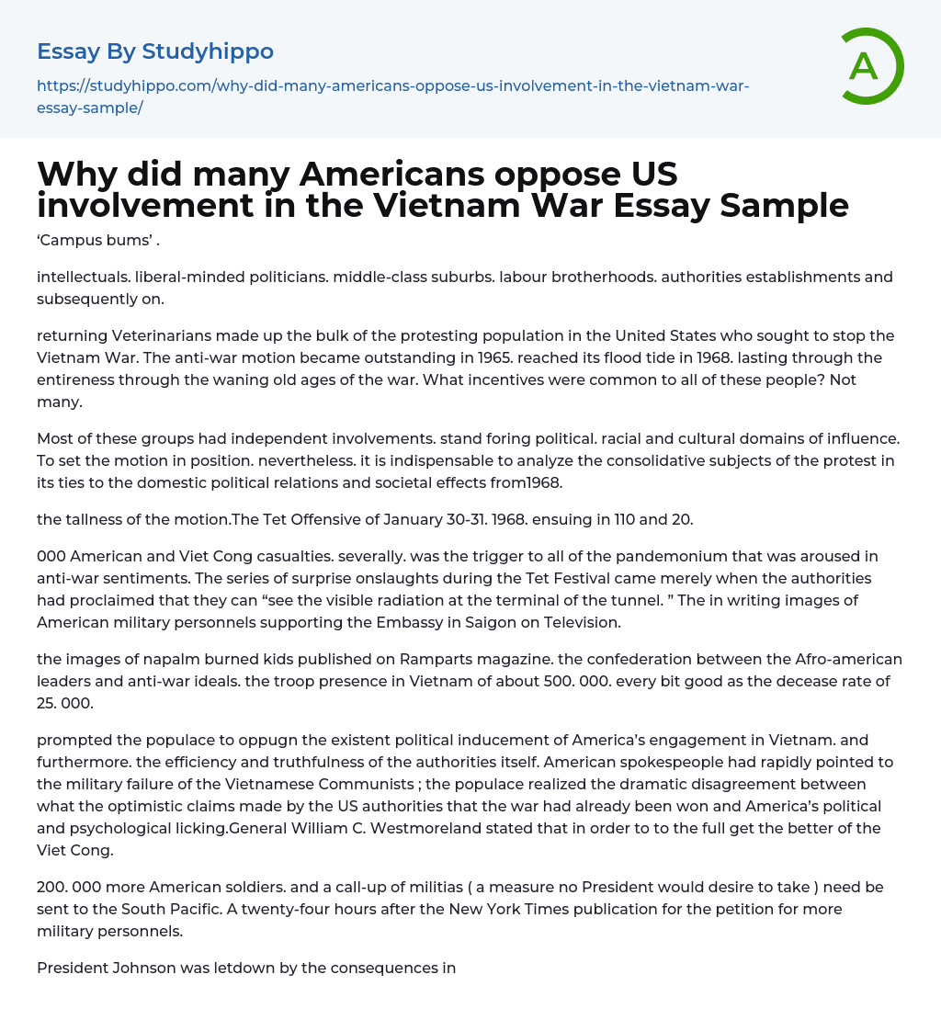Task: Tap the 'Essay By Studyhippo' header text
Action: click(x=155, y=51)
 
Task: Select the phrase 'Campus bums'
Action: click(x=95, y=243)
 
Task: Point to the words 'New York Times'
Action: click(x=425, y=909)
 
